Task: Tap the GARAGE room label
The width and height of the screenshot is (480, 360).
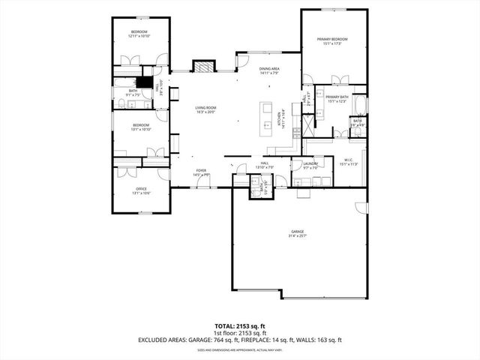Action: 299,231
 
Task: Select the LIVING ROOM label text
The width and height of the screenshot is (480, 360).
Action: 205,108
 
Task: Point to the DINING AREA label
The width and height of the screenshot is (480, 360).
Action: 269,70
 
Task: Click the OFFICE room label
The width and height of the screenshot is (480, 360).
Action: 140,189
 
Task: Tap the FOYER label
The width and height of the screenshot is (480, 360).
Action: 201,171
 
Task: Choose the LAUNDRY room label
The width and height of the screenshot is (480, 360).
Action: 311,163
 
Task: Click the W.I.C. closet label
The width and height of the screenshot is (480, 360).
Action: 348,160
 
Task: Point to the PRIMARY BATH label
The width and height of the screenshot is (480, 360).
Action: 337,97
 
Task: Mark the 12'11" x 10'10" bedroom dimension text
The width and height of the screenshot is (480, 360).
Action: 139,36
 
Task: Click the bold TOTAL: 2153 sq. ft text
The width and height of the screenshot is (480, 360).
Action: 240,325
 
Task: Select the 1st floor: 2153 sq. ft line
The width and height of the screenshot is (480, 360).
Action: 240,332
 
